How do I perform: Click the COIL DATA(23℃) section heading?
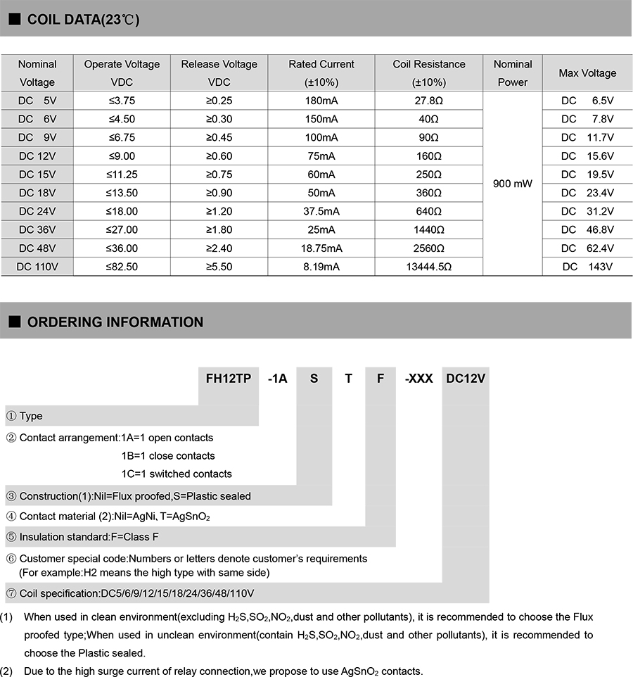[x=83, y=19]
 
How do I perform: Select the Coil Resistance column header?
[x=428, y=72]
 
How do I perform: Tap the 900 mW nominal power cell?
[x=513, y=184]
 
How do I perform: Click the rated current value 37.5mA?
[x=321, y=211]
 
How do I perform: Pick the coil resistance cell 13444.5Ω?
[x=428, y=267]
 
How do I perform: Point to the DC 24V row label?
[x=37, y=211]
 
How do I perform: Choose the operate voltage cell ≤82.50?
[x=122, y=267]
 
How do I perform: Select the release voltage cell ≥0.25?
[x=219, y=101]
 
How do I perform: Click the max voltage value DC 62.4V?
[x=587, y=248]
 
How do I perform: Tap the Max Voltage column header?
[x=587, y=73]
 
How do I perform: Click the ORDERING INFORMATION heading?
[x=115, y=322]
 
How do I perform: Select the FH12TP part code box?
[x=228, y=378]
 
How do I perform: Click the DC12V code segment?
[x=466, y=378]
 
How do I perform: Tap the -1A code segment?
[x=277, y=378]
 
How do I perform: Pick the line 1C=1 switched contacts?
[x=177, y=474]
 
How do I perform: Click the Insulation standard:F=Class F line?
[x=89, y=537]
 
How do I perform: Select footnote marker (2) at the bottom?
[x=6, y=671]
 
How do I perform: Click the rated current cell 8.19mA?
[x=321, y=267]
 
